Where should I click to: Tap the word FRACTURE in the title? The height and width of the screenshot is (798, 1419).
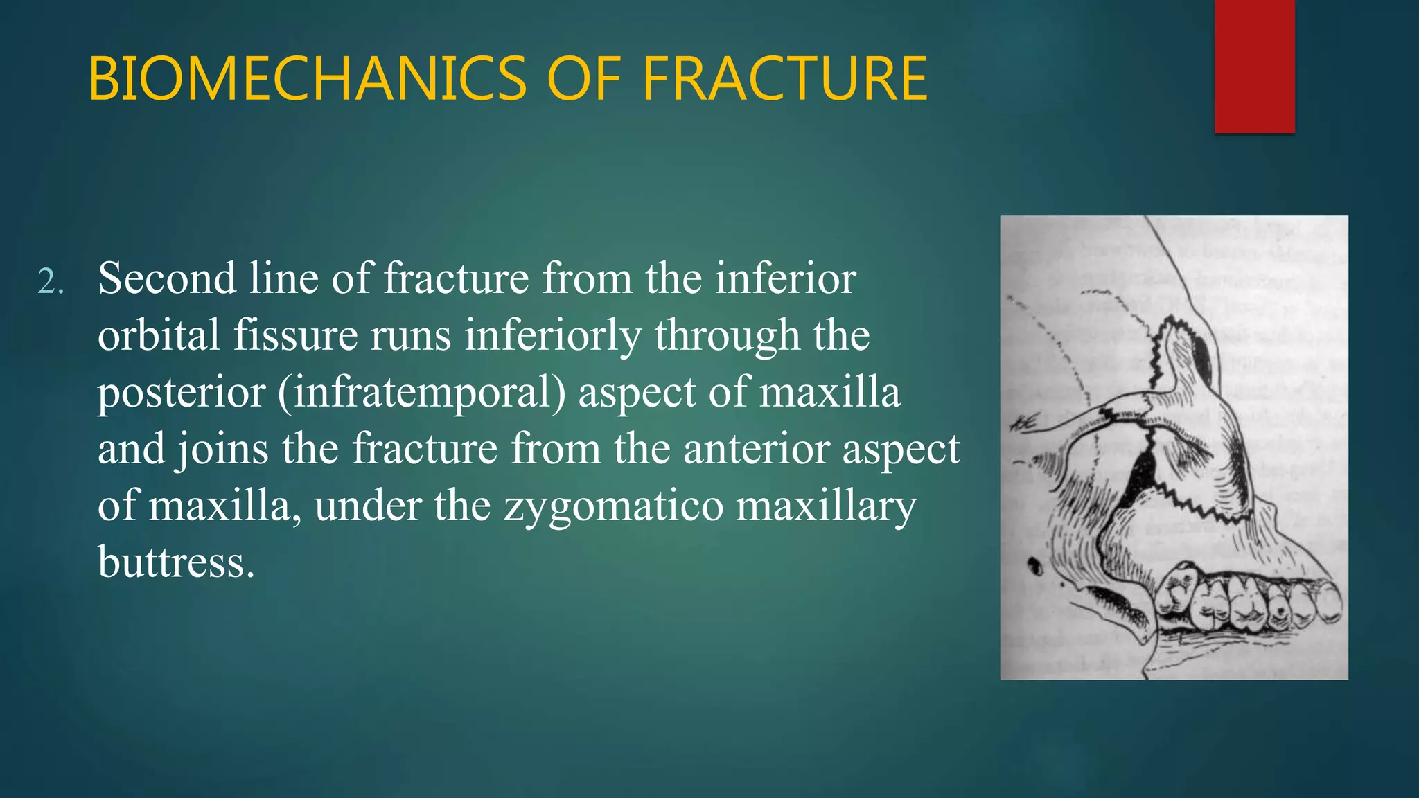(x=784, y=80)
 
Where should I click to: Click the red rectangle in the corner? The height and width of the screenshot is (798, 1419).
(x=1254, y=66)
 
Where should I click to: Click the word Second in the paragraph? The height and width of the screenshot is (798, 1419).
(x=167, y=278)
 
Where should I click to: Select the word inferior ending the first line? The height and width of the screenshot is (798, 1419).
(x=786, y=278)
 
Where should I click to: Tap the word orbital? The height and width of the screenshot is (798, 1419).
(x=159, y=335)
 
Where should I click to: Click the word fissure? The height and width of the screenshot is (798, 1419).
(x=294, y=335)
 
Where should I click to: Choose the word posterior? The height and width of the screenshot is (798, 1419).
(x=181, y=393)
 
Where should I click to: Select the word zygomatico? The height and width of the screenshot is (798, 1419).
(x=612, y=506)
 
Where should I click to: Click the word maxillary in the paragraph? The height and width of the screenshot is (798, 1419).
(x=826, y=506)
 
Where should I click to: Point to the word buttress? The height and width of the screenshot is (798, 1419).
(x=176, y=562)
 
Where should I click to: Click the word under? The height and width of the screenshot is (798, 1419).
(x=367, y=506)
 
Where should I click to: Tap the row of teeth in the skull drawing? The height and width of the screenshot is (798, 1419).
(x=1247, y=603)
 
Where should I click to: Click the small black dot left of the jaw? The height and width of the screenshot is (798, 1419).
(x=1036, y=566)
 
